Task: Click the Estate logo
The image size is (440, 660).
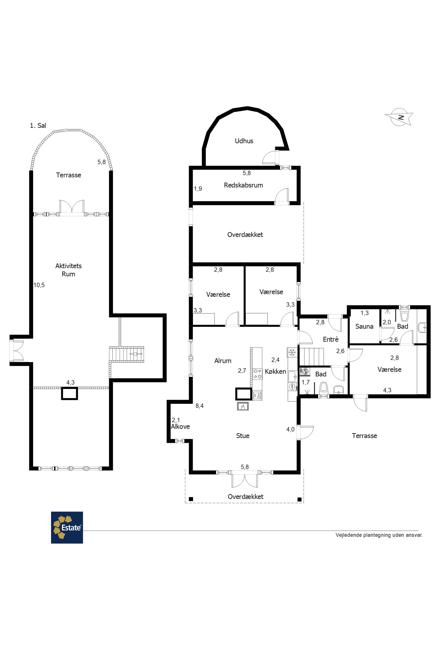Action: [x=67, y=528]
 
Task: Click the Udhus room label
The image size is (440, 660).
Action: [x=244, y=141]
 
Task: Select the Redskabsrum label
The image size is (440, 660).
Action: [x=243, y=185]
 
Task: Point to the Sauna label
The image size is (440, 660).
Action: [x=364, y=326]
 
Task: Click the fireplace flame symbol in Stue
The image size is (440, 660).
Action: [x=243, y=406]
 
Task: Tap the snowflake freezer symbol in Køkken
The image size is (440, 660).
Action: [x=292, y=352]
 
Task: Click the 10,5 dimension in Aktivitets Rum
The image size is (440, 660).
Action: [x=39, y=285]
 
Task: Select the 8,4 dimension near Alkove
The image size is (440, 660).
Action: [x=200, y=406]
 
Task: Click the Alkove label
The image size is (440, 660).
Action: [x=180, y=427]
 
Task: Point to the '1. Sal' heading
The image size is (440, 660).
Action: [x=38, y=125]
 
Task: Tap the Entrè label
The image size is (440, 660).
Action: [x=331, y=339]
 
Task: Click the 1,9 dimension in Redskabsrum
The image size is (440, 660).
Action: [x=198, y=189]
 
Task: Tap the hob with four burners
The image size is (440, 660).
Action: [x=258, y=374]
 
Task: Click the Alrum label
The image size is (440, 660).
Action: [x=223, y=361]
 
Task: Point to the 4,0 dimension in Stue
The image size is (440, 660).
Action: [x=290, y=429]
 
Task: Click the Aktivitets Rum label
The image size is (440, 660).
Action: [x=68, y=270]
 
